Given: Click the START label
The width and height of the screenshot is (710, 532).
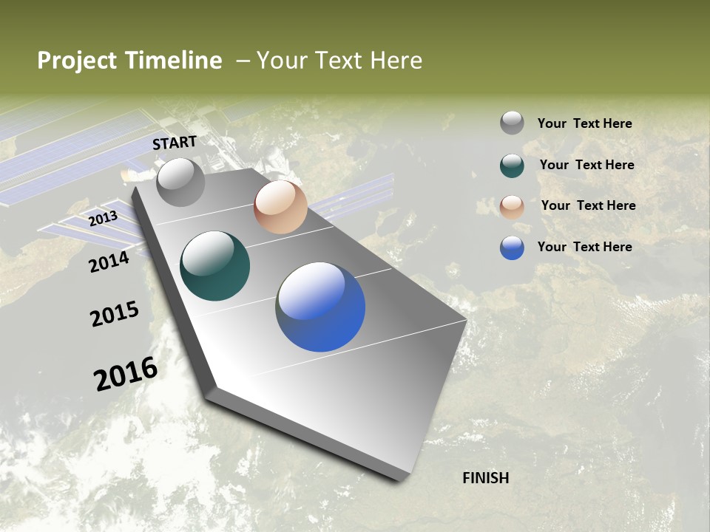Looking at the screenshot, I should pyautogui.click(x=175, y=143).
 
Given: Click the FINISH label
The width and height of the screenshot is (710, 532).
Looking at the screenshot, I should pyautogui.click(x=485, y=478).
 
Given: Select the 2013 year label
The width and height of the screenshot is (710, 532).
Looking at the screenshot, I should pyautogui.click(x=103, y=219).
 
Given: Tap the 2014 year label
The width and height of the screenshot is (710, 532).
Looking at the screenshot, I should pyautogui.click(x=109, y=262).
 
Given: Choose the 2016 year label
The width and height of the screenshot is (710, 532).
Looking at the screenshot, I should pyautogui.click(x=126, y=373).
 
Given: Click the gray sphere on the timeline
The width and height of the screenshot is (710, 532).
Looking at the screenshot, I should pyautogui.click(x=180, y=182).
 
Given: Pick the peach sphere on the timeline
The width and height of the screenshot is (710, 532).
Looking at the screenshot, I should pyautogui.click(x=280, y=207).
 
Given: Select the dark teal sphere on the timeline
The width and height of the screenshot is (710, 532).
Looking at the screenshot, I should pyautogui.click(x=214, y=266).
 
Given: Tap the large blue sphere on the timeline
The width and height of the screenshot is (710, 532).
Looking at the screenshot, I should pyautogui.click(x=320, y=306).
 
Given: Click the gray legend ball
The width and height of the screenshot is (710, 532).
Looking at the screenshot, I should pyautogui.click(x=512, y=123).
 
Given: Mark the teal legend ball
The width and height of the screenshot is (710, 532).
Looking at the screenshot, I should pyautogui.click(x=512, y=166).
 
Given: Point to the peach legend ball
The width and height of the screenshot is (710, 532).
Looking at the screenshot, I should pyautogui.click(x=512, y=207).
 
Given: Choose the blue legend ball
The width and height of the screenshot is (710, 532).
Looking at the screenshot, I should pyautogui.click(x=512, y=248).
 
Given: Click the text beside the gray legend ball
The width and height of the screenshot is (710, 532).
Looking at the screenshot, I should pyautogui.click(x=584, y=123).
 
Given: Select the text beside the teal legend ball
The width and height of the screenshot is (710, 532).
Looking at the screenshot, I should pyautogui.click(x=586, y=165).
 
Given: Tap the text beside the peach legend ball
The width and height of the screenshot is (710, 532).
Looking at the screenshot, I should pyautogui.click(x=588, y=205).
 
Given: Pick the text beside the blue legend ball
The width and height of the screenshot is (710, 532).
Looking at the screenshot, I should pyautogui.click(x=584, y=247).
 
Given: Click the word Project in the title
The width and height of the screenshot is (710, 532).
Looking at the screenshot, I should pyautogui.click(x=75, y=61).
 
